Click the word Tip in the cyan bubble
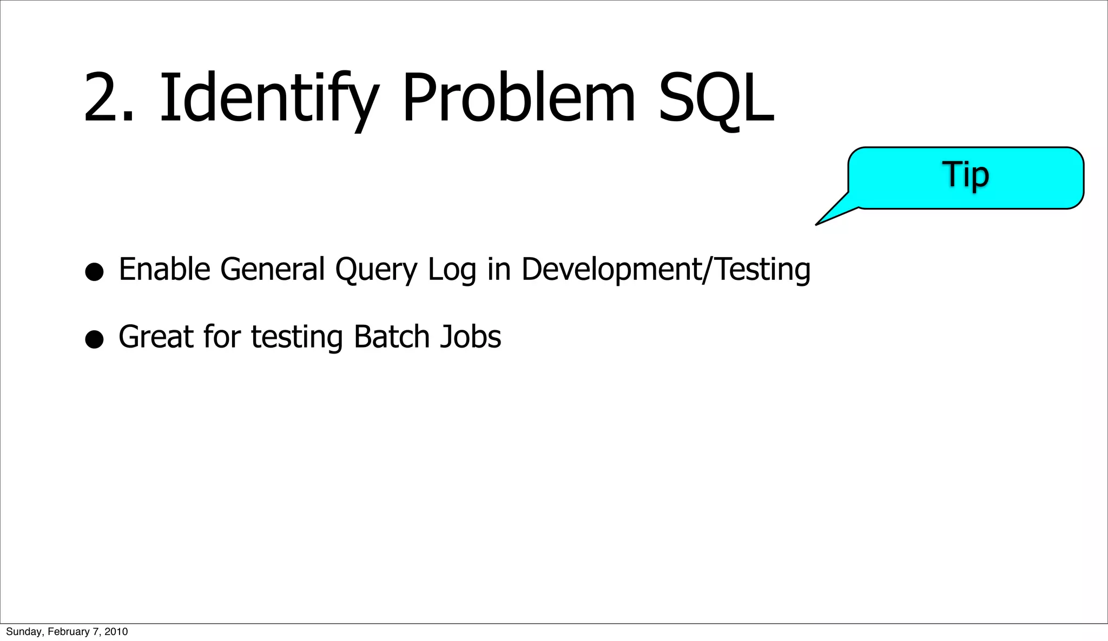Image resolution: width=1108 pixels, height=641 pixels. [x=966, y=175]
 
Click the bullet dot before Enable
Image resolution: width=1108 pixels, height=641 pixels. [x=94, y=272]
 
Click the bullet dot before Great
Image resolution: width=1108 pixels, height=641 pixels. [x=94, y=339]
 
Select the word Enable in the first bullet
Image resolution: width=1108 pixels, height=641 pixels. [x=164, y=269]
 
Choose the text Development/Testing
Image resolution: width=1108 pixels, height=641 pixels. [x=665, y=269]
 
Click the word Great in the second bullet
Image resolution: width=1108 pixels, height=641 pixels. [x=156, y=337]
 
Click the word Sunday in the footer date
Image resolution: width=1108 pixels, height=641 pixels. [x=23, y=632]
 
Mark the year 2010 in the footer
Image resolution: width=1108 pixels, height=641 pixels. [x=116, y=632]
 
